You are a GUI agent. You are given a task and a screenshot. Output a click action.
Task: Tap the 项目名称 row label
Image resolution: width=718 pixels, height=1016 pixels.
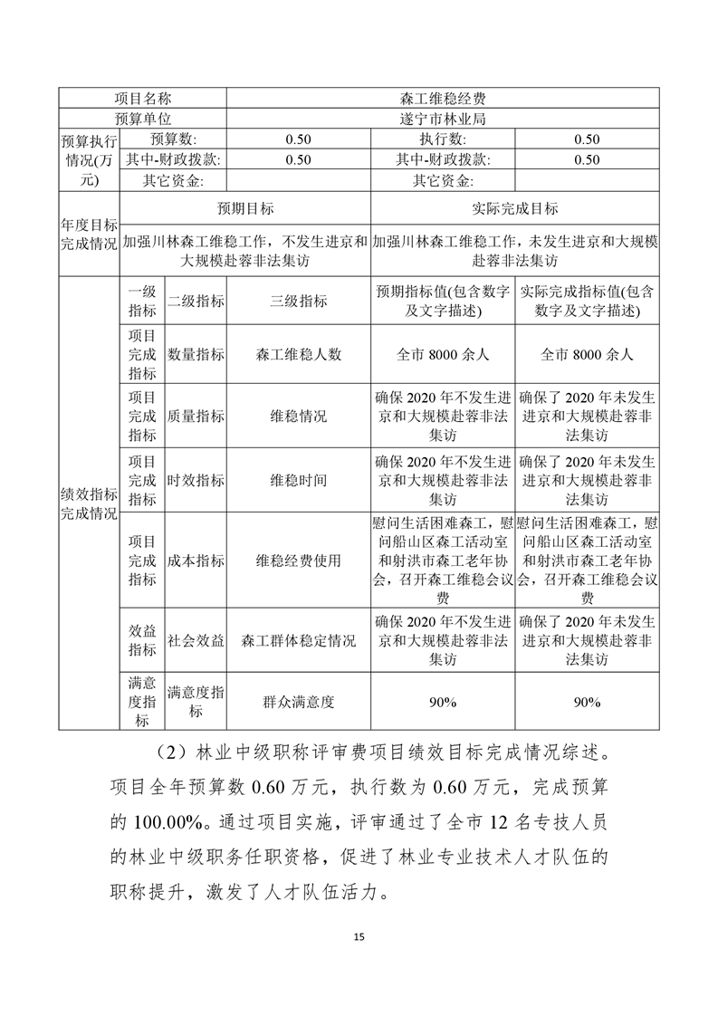[x=143, y=98]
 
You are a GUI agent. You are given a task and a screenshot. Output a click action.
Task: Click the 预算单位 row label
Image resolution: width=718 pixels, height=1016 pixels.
[x=143, y=119]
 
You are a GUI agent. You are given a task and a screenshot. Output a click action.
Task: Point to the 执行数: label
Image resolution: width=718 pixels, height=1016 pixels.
[x=443, y=139]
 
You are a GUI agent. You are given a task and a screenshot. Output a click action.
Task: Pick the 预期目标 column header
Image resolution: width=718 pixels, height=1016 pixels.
[x=245, y=209]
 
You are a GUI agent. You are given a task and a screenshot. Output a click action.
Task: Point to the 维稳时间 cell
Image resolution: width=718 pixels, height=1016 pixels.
[x=299, y=480]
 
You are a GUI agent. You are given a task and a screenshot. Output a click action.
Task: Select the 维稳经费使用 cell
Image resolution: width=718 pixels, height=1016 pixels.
[x=299, y=561]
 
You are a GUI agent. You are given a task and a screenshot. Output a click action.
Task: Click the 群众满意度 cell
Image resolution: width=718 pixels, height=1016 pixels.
[x=299, y=702]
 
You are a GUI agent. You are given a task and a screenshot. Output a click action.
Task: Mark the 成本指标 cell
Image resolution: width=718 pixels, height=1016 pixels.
[x=196, y=561]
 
